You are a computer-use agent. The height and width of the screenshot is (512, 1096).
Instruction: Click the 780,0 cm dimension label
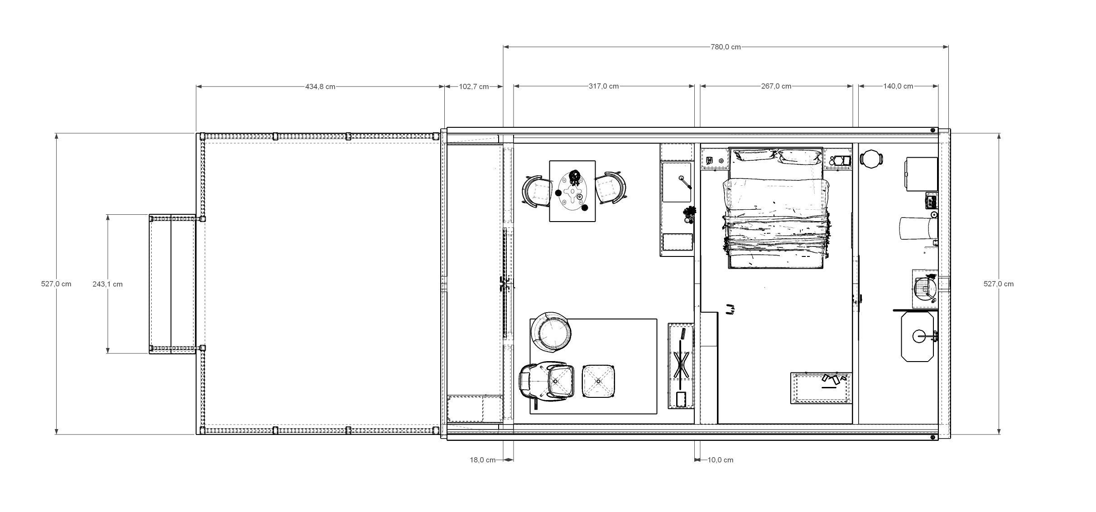tap(726, 47)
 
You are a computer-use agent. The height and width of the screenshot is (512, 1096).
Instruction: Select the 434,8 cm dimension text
tap(320, 87)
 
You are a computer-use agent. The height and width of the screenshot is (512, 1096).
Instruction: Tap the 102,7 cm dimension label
tap(474, 87)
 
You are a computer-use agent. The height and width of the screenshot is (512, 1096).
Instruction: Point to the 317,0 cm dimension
tap(603, 86)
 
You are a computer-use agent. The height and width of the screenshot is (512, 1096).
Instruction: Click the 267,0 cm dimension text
tap(776, 86)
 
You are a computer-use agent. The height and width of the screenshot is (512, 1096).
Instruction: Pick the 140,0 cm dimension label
tap(898, 86)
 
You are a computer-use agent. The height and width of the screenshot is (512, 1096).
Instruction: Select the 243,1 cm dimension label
tap(107, 284)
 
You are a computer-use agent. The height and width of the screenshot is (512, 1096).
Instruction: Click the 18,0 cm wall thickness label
tap(482, 460)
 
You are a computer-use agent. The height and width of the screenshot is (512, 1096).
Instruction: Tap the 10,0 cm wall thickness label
tap(720, 460)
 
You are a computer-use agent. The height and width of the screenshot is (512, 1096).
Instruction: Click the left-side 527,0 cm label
tap(56, 284)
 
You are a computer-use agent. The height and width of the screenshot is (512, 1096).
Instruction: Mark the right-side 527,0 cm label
tap(998, 284)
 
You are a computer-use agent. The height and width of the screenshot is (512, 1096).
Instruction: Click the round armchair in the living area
tap(551, 332)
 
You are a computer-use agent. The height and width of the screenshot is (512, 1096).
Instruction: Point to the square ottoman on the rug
tap(598, 382)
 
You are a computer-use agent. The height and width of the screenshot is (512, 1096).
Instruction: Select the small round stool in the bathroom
tap(871, 159)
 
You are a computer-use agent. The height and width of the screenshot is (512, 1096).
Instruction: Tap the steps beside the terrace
tap(172, 284)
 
